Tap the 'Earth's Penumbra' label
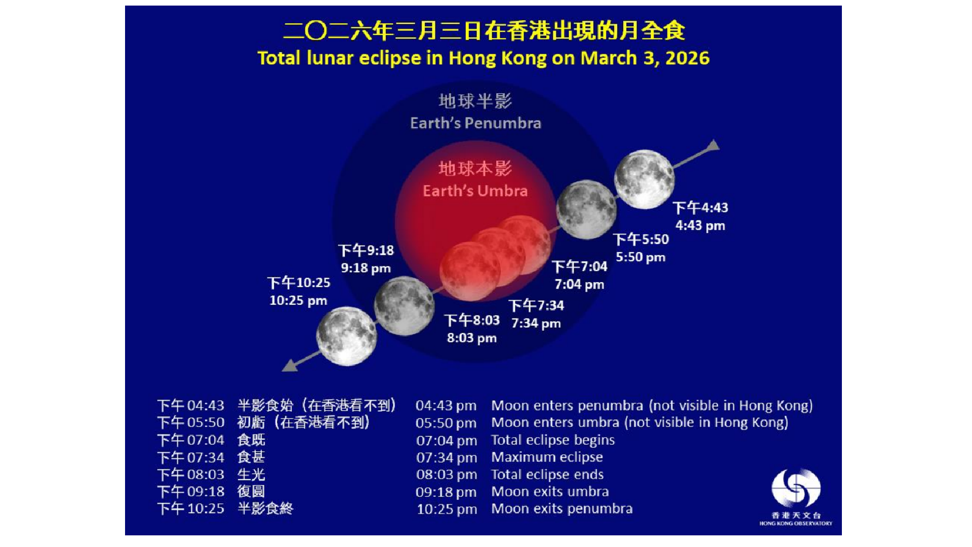coord(475,123)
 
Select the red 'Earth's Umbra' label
coord(475,190)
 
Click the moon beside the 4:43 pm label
coord(644,179)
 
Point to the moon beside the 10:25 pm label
coord(346,336)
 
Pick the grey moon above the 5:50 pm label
coord(586,209)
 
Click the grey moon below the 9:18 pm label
coord(404,305)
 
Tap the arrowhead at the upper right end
coord(713,145)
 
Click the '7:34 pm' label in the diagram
coord(536,323)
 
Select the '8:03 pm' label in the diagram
coord(472,338)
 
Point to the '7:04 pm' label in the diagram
coord(579,284)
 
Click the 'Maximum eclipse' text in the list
coord(547,457)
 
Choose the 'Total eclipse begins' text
coord(553,440)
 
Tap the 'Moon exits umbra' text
coord(550,491)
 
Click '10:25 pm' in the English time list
coord(447,509)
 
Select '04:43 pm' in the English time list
coord(446,406)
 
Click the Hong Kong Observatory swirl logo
coord(796,488)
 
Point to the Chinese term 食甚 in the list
coord(251,457)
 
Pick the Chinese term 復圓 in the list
coord(251,491)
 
